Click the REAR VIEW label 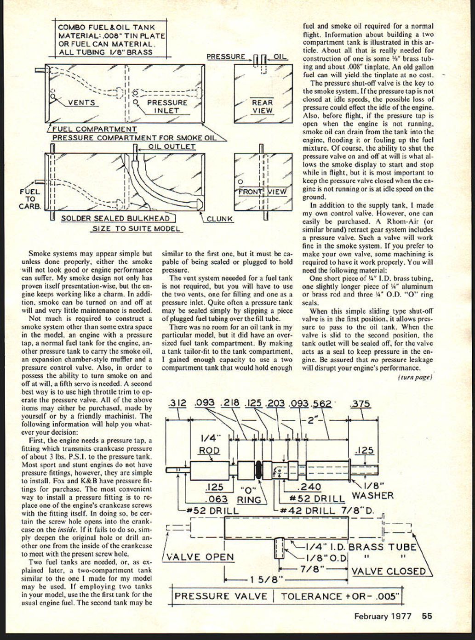pyautogui.click(x=263, y=107)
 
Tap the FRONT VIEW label pyautogui.click(x=263, y=192)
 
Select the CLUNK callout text pyautogui.click(x=219, y=219)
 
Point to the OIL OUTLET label pyautogui.click(x=172, y=147)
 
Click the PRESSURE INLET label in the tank pyautogui.click(x=166, y=107)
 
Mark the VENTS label pyautogui.click(x=81, y=102)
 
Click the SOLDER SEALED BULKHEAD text pyautogui.click(x=115, y=219)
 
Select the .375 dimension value pyautogui.click(x=360, y=403)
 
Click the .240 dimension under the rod pyautogui.click(x=309, y=487)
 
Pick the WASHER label pyautogui.click(x=372, y=496)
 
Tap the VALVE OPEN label pyautogui.click(x=200, y=557)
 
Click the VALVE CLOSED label pyautogui.click(x=389, y=571)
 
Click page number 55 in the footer pyautogui.click(x=427, y=616)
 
